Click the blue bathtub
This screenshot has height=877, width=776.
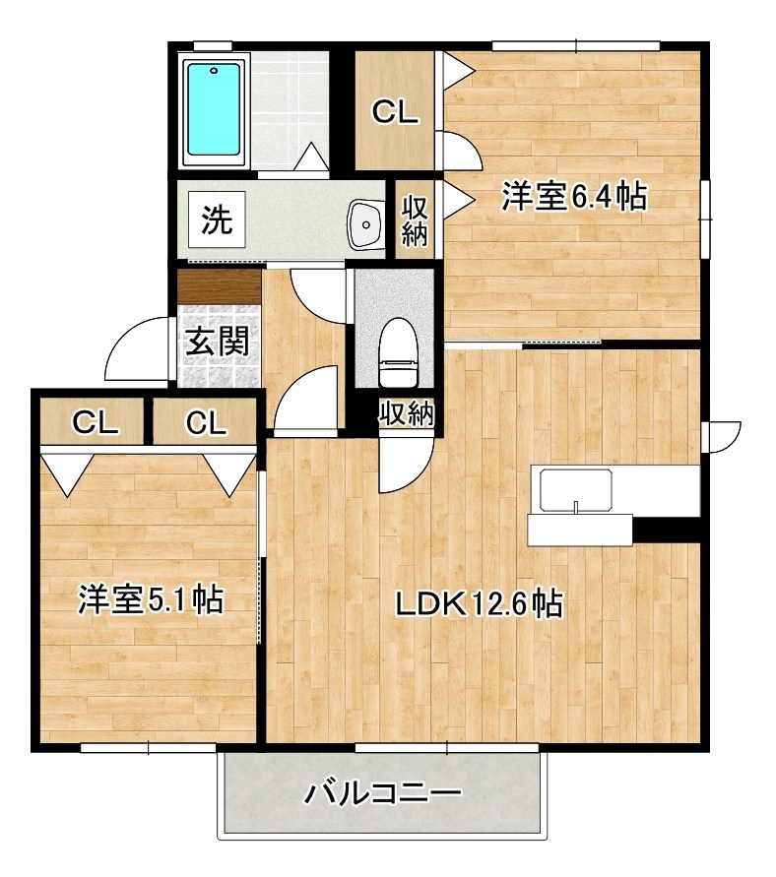coord(214,110)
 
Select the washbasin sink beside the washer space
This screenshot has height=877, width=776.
coord(366,223)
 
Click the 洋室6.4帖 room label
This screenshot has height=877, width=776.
coord(573,198)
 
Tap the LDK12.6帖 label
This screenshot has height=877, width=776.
coord(480,603)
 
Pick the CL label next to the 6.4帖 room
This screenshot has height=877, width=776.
coord(395,112)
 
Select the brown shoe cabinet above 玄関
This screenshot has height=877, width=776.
coord(220,286)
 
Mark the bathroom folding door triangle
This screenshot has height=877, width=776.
coord(314,157)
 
